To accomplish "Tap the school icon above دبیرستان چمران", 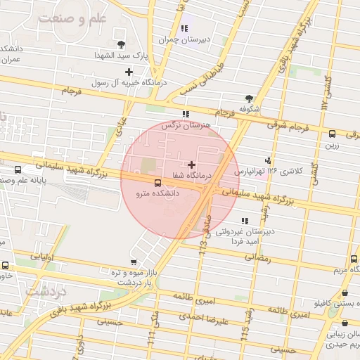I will tap(184, 28).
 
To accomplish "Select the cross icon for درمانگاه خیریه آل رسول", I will tap(129, 72).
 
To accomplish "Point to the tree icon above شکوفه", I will tap(249, 99).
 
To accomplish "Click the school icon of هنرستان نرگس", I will tap(185, 114).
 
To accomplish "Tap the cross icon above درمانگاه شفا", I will tap(191, 165).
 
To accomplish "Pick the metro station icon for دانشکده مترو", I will tap(137, 181).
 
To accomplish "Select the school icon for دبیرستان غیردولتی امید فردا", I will tap(244, 221).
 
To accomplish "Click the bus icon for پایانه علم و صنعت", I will tap(18, 170).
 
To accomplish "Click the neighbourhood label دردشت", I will tap(45, 290).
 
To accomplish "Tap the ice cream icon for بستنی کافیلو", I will tap(345, 294).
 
